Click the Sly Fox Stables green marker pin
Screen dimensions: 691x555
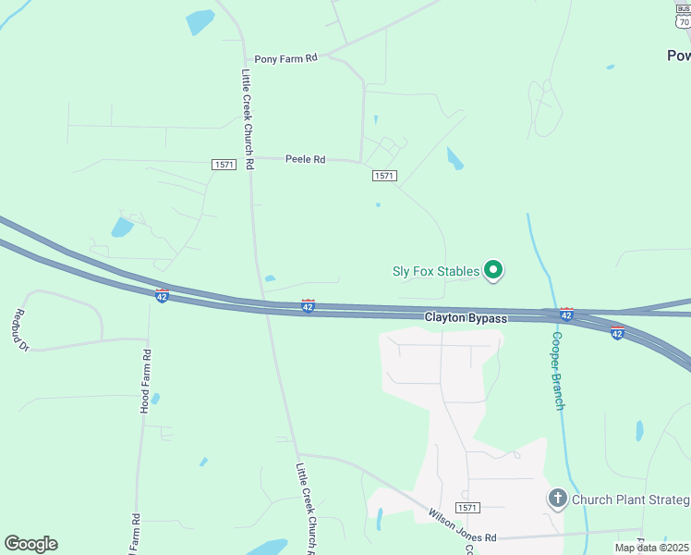click(x=493, y=270)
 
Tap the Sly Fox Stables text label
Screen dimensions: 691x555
click(x=436, y=271)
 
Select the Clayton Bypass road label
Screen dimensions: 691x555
click(x=466, y=318)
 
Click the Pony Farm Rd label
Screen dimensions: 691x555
click(x=286, y=57)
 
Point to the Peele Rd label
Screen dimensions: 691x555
click(x=305, y=160)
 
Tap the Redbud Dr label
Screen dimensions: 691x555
click(x=21, y=331)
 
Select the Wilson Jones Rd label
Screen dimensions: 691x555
click(x=463, y=524)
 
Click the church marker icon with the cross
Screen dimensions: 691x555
click(x=557, y=499)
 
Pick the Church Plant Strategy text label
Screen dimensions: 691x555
click(x=630, y=500)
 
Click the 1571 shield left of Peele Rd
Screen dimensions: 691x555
click(x=224, y=165)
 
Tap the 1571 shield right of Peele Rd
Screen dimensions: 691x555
click(x=384, y=176)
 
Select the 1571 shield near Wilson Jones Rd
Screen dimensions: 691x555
click(x=468, y=508)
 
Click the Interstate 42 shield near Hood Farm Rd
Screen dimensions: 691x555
click(x=162, y=295)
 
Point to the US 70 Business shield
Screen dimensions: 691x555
click(x=683, y=16)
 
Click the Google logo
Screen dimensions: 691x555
click(x=31, y=544)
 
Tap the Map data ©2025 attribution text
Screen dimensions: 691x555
click(x=652, y=548)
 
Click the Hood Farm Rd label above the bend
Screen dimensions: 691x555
click(x=145, y=381)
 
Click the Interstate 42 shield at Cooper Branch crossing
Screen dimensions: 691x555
click(x=566, y=314)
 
